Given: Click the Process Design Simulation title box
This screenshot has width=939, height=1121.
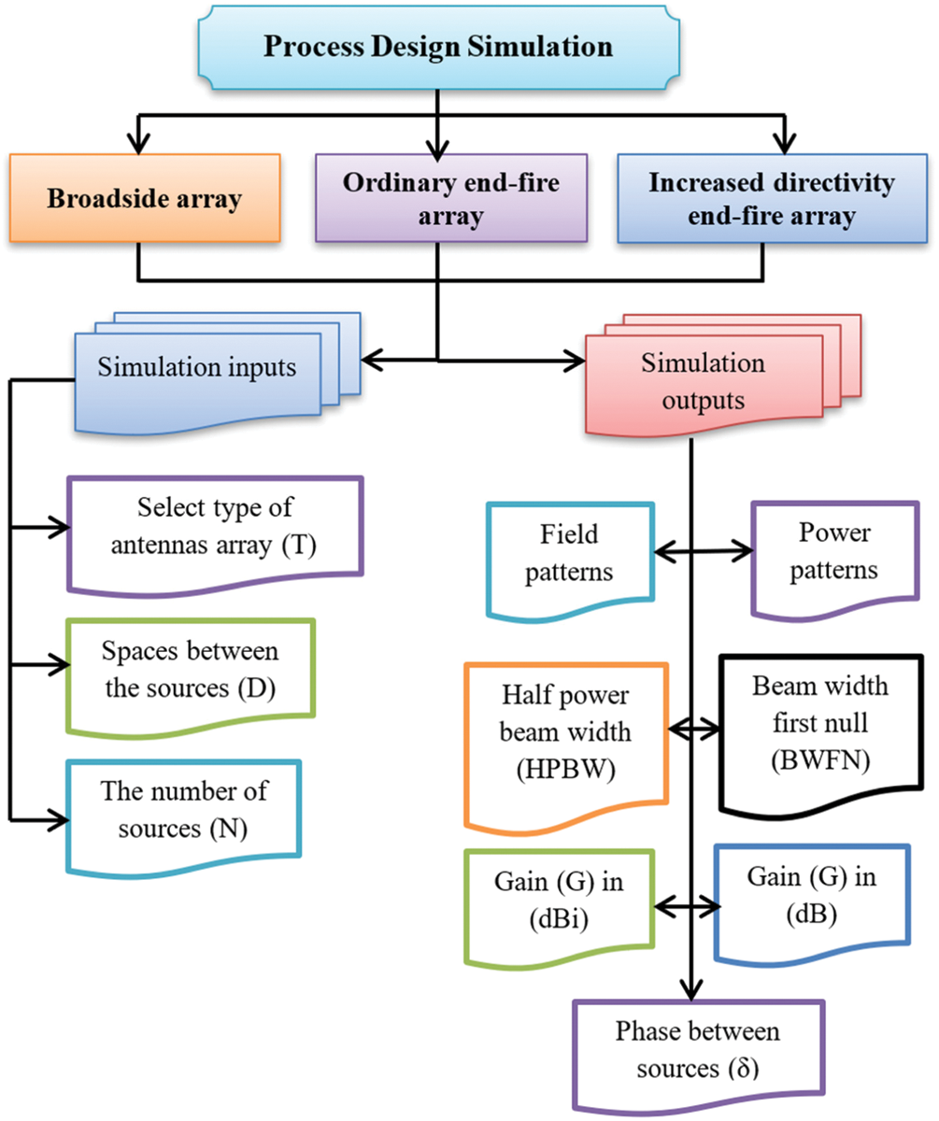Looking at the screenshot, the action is point(438,48).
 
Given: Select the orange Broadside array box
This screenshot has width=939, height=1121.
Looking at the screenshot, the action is point(145,198).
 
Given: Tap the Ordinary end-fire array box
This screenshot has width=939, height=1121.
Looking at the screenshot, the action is point(451,198).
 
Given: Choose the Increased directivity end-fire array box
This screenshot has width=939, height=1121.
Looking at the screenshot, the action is point(772,198).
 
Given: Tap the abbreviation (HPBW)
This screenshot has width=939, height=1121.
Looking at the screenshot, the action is point(566,769).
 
